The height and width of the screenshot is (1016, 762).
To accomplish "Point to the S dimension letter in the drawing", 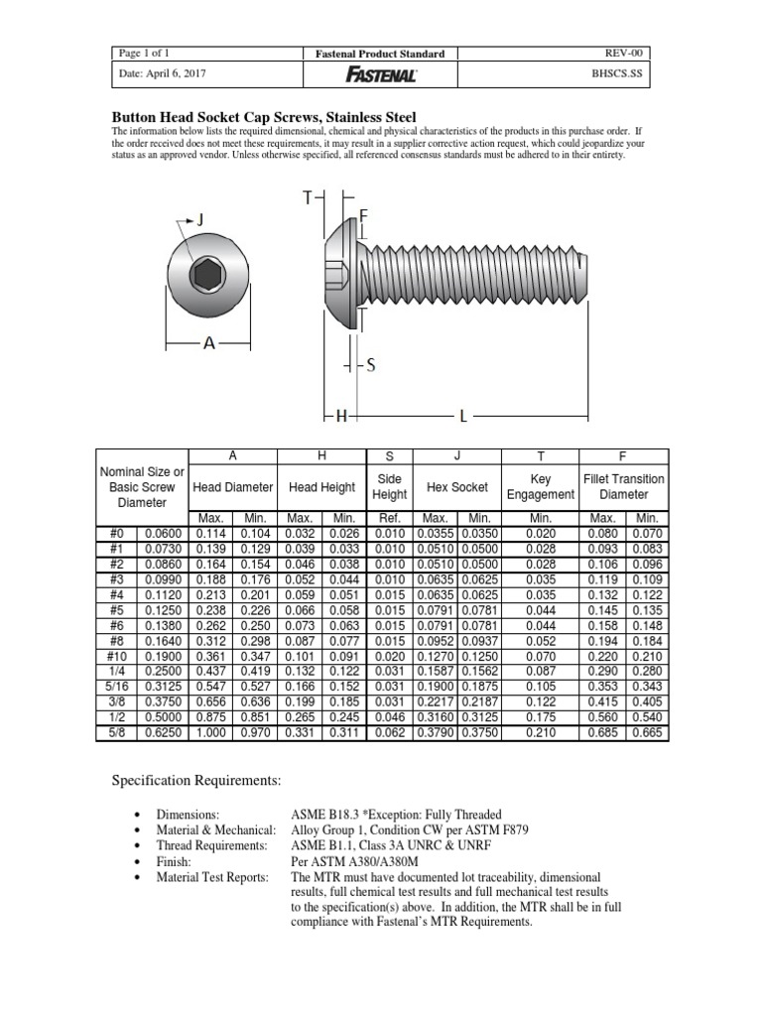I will (371, 365).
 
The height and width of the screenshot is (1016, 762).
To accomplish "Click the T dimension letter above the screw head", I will (308, 198).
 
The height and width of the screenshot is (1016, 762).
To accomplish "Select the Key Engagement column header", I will (541, 486).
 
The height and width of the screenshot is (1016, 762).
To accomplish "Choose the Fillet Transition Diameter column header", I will (624, 486).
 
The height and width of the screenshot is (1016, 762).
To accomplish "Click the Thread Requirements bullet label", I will (218, 844).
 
